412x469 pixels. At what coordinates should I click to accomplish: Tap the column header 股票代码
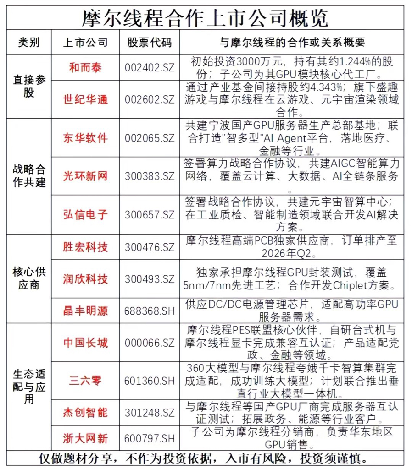(x=149, y=43)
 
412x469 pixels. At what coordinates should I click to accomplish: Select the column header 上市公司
(x=85, y=43)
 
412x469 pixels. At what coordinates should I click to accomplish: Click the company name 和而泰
(x=85, y=68)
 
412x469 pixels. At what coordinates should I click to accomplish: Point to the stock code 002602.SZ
(x=150, y=99)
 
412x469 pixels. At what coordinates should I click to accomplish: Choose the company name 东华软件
(x=85, y=138)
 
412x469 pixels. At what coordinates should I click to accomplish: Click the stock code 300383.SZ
(x=150, y=176)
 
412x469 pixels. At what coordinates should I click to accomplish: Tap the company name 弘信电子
(x=85, y=214)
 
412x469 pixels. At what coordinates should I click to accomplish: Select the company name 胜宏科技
(x=85, y=247)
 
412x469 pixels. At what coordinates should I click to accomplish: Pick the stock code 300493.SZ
(x=150, y=279)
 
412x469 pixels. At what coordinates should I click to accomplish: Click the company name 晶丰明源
(x=85, y=311)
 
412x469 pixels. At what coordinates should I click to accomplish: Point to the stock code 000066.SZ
(x=150, y=342)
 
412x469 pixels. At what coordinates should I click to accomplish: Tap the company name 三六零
(x=85, y=380)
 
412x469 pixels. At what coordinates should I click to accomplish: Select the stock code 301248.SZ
(x=150, y=412)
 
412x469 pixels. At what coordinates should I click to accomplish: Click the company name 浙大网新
(x=85, y=438)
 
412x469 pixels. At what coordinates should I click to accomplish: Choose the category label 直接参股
(x=29, y=87)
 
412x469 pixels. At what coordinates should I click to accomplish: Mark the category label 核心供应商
(x=29, y=278)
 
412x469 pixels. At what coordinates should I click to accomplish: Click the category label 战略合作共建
(x=29, y=176)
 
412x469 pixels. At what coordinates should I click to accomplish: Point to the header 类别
(x=29, y=43)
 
